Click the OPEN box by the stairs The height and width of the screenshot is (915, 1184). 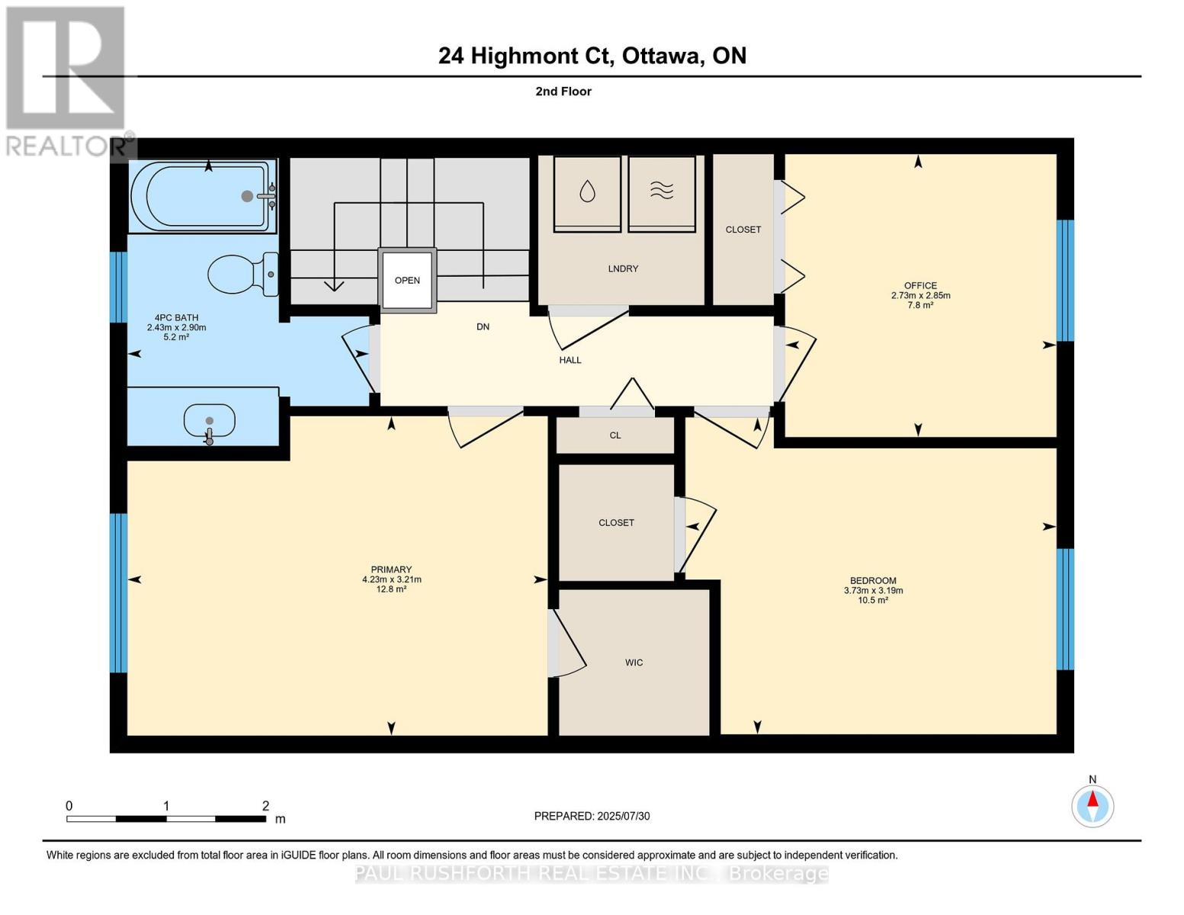(407, 280)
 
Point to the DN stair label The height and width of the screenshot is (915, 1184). (483, 326)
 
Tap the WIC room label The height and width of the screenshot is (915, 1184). (634, 663)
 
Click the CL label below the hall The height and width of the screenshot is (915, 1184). (615, 435)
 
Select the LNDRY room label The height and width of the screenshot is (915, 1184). (623, 268)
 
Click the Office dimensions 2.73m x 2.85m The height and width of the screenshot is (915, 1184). (920, 296)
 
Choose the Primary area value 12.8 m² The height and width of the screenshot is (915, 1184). (391, 589)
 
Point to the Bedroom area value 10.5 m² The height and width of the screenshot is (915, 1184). (873, 600)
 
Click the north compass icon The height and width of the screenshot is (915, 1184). (1093, 805)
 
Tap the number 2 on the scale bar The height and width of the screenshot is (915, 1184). (265, 806)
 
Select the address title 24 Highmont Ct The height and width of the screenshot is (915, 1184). (527, 56)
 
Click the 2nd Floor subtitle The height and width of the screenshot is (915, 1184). (563, 91)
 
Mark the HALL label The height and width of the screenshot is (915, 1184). (570, 360)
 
